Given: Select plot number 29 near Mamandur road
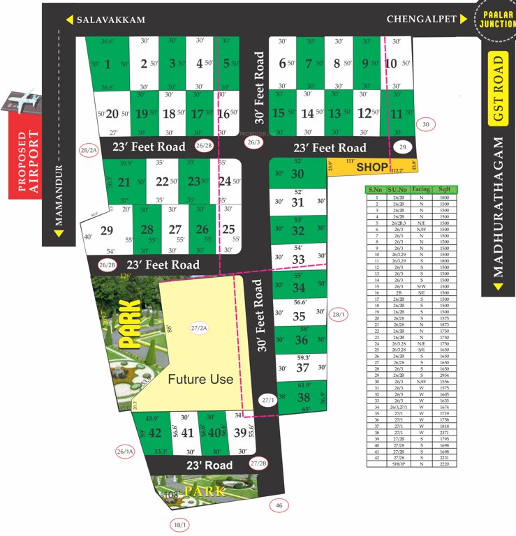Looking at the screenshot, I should coord(107,230).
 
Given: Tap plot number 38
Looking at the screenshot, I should coord(303,398).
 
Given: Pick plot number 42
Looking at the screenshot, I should coord(155,432).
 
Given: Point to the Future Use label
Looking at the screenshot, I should coord(200,379).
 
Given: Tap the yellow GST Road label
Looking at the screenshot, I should coord(497,89).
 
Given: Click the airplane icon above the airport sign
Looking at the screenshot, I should coord(24,98).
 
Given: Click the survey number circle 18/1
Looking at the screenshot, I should coord(179,523).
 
